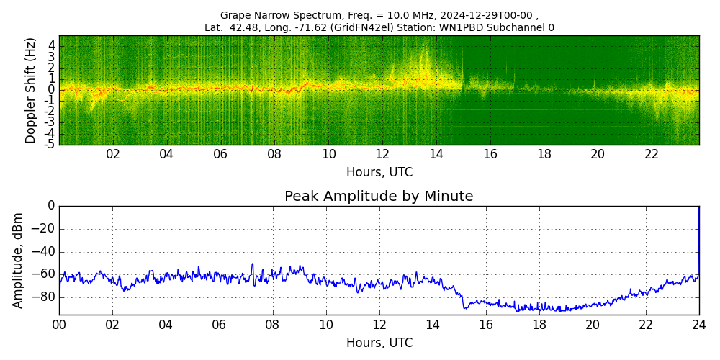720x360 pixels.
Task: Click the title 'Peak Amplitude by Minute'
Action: [379, 197]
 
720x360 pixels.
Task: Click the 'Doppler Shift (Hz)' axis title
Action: [30, 90]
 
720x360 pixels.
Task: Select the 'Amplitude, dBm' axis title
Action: [18, 260]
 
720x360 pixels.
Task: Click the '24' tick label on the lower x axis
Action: [698, 324]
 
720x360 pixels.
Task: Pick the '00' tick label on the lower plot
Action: [59, 324]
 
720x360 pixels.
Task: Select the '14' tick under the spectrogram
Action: [436, 154]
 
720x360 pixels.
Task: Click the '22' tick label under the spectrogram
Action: [652, 154]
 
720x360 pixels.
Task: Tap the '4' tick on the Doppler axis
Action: [51, 45]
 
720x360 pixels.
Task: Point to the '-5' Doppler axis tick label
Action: [49, 145]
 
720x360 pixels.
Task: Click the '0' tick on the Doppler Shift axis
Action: [51, 89]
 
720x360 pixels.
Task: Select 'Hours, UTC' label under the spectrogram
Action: [379, 172]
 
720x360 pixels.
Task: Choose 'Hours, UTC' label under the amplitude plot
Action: [379, 343]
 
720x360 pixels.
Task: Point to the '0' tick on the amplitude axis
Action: [51, 206]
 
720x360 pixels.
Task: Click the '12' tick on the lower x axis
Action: [379, 324]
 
